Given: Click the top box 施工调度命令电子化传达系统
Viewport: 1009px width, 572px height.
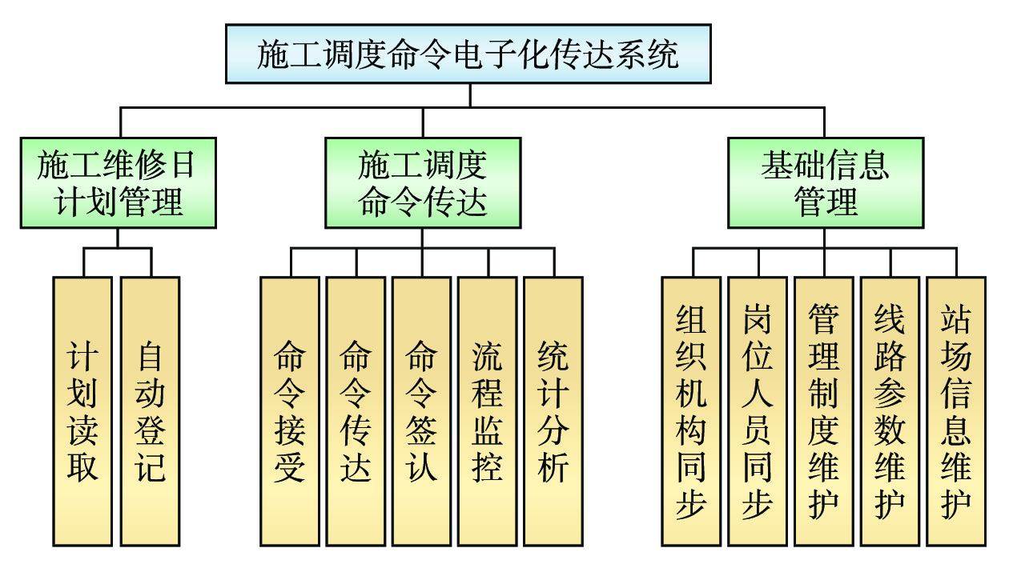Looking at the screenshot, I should pos(468,54).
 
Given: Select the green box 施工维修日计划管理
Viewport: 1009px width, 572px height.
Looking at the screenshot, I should pos(119,182).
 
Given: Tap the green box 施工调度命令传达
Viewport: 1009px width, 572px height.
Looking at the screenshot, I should pos(423,182).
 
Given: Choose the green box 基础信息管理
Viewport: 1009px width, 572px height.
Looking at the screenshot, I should pos(825,182).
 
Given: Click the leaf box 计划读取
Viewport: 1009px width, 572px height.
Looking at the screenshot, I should pos(82,411).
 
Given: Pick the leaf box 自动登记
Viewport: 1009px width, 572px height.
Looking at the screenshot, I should pos(150,411).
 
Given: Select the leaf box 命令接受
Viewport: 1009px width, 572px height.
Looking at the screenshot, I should pos(290,411).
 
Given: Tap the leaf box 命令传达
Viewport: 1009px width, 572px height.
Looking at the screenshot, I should pos(356,411).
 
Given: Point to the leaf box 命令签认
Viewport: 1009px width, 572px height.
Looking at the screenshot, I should pos(422,411).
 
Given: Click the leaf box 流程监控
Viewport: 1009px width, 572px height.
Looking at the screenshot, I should pos(488,411).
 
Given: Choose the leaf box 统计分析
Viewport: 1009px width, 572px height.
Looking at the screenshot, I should pos(553,411).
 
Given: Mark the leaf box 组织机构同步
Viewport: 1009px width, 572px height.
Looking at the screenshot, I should pos(691,411).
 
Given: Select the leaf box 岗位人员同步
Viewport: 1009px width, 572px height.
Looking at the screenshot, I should pos(758,411).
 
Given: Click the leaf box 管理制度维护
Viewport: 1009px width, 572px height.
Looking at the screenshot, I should pos(824,411).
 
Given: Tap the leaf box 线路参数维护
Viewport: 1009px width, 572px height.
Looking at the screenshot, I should pos(890,411).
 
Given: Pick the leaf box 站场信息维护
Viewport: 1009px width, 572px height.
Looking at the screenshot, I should pos(956,411).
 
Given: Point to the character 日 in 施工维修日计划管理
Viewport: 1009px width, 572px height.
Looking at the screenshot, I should pos(183,166).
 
